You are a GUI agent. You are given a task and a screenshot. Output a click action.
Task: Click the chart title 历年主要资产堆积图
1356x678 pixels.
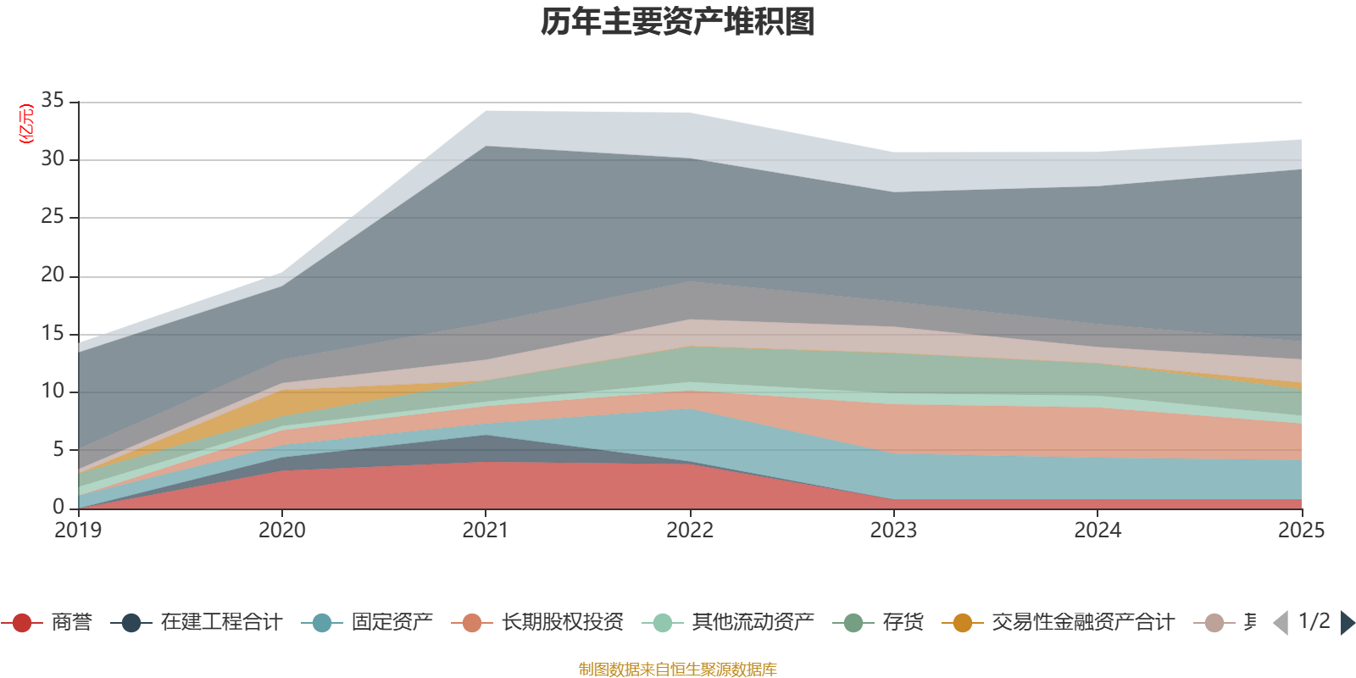678,22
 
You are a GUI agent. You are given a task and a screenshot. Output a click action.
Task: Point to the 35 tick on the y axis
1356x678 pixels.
53,101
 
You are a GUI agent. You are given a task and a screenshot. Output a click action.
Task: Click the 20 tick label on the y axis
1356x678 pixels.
53,275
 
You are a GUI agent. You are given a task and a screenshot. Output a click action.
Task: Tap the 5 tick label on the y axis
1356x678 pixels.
58,449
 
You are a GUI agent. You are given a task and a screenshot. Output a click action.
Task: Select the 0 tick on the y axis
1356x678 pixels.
58,507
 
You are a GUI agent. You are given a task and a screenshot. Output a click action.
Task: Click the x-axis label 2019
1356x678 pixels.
78,531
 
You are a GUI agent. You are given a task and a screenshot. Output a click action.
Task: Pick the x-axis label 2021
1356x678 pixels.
485,531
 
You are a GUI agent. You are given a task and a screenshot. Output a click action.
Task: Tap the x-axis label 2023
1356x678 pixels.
893,531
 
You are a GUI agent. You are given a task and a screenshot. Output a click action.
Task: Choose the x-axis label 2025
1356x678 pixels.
1300,531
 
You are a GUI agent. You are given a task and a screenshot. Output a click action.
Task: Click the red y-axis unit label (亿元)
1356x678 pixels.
26,124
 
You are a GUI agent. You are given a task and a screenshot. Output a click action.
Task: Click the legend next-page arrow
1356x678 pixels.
1348,623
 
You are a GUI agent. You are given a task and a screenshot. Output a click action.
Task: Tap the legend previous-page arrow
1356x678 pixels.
1281,623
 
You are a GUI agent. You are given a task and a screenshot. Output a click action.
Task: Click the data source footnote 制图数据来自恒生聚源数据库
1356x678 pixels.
678,670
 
